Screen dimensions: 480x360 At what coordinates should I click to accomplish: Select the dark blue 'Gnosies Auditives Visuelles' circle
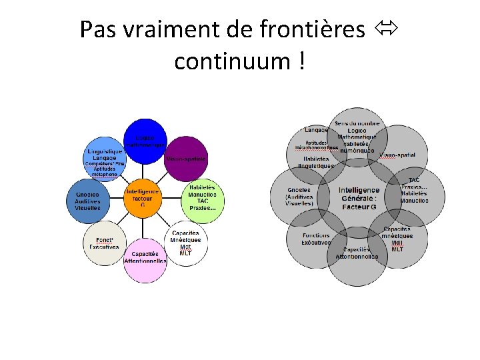click(x=87, y=199)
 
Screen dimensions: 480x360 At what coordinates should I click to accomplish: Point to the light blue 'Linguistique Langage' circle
click(x=104, y=158)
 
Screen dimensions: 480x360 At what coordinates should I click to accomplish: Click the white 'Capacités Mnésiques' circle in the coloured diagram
click(x=185, y=241)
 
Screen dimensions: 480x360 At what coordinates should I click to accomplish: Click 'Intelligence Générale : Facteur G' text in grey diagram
click(x=359, y=199)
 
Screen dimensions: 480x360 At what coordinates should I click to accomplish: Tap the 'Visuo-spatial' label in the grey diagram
click(x=397, y=155)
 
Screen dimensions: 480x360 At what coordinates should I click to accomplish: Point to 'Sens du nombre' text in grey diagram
click(x=357, y=123)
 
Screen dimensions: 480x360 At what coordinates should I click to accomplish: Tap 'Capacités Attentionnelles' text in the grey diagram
click(x=357, y=253)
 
